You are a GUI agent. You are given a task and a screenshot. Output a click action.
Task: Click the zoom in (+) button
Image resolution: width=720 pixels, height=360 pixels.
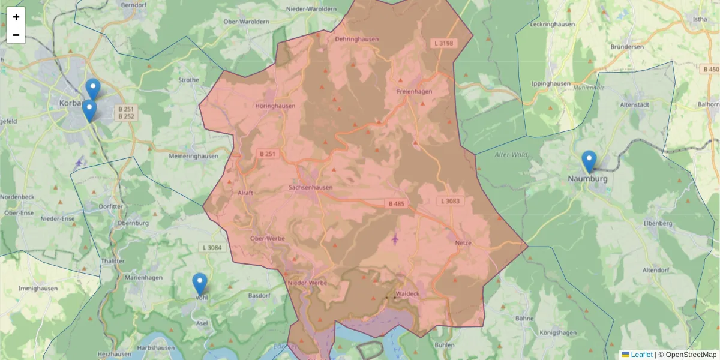tap(16, 17)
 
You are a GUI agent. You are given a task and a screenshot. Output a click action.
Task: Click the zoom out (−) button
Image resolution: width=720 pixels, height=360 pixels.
tap(16, 35)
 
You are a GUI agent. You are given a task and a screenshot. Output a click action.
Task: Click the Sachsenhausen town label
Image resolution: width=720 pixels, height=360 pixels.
tap(310, 187)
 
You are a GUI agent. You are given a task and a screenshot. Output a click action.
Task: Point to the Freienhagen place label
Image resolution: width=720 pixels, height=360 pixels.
tap(414, 91)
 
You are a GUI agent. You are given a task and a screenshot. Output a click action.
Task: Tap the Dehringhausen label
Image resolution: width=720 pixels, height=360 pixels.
tap(356, 39)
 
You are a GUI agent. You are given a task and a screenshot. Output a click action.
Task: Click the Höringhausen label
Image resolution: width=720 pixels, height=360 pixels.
tap(275, 106)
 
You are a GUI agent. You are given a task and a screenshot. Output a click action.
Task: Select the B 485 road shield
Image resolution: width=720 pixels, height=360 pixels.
tap(397, 204)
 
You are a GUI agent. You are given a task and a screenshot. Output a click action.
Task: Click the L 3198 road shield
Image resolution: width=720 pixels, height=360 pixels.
tap(443, 43)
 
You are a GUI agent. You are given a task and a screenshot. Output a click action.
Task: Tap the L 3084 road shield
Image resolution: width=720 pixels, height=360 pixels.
tap(212, 247)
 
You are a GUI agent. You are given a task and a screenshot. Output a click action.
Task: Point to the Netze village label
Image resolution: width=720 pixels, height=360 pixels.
tap(464, 243)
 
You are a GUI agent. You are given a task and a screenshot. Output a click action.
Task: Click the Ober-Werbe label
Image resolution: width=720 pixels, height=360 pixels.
tap(266, 238)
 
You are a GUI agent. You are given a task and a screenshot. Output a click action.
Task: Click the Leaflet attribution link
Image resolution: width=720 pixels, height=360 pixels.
tap(641, 355)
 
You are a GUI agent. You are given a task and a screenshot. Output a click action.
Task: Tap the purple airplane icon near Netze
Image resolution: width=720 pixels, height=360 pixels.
tap(395, 239)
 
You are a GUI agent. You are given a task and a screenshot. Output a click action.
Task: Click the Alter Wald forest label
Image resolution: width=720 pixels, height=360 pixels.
tap(511, 155)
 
